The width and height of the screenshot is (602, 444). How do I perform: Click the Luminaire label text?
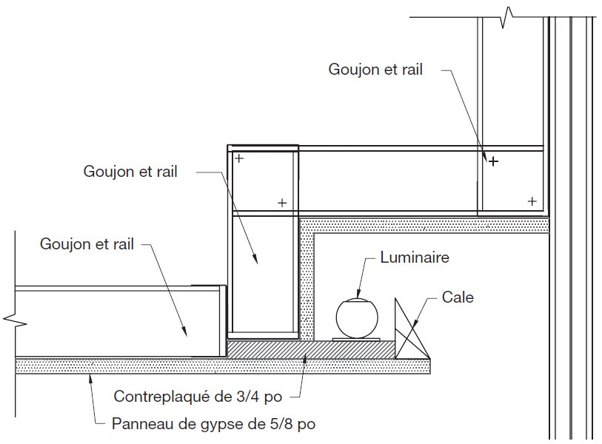click(x=414, y=258)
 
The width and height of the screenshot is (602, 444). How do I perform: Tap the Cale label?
click(x=458, y=297)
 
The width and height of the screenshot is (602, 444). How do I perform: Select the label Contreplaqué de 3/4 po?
click(x=198, y=397)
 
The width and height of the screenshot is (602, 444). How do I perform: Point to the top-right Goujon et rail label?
click(x=375, y=70)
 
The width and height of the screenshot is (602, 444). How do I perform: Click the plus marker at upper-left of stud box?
click(x=238, y=158)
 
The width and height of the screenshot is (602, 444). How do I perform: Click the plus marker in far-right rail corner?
click(x=532, y=201)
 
